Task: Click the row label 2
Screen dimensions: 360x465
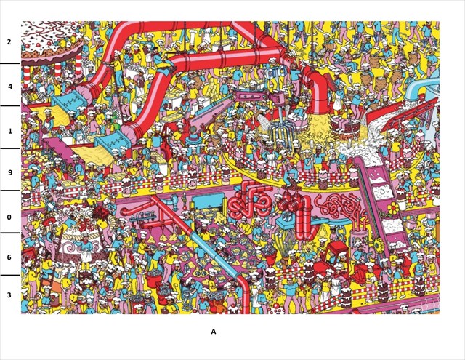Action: (9, 42)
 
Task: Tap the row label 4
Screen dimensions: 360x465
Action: (9, 86)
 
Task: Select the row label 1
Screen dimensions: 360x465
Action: (9, 131)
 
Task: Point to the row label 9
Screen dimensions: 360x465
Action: (9, 173)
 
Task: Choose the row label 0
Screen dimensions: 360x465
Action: (9, 217)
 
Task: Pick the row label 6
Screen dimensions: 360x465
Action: (9, 257)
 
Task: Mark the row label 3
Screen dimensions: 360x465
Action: (9, 295)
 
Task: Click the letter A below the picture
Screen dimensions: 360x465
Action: (214, 332)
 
